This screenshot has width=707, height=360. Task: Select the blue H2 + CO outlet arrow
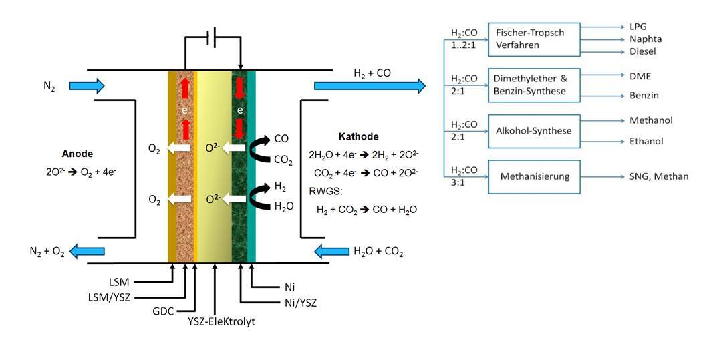click(370, 85)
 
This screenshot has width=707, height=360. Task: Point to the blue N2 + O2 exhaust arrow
click(89, 251)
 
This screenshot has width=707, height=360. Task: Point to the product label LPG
click(639, 27)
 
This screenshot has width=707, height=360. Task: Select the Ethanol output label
click(646, 142)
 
